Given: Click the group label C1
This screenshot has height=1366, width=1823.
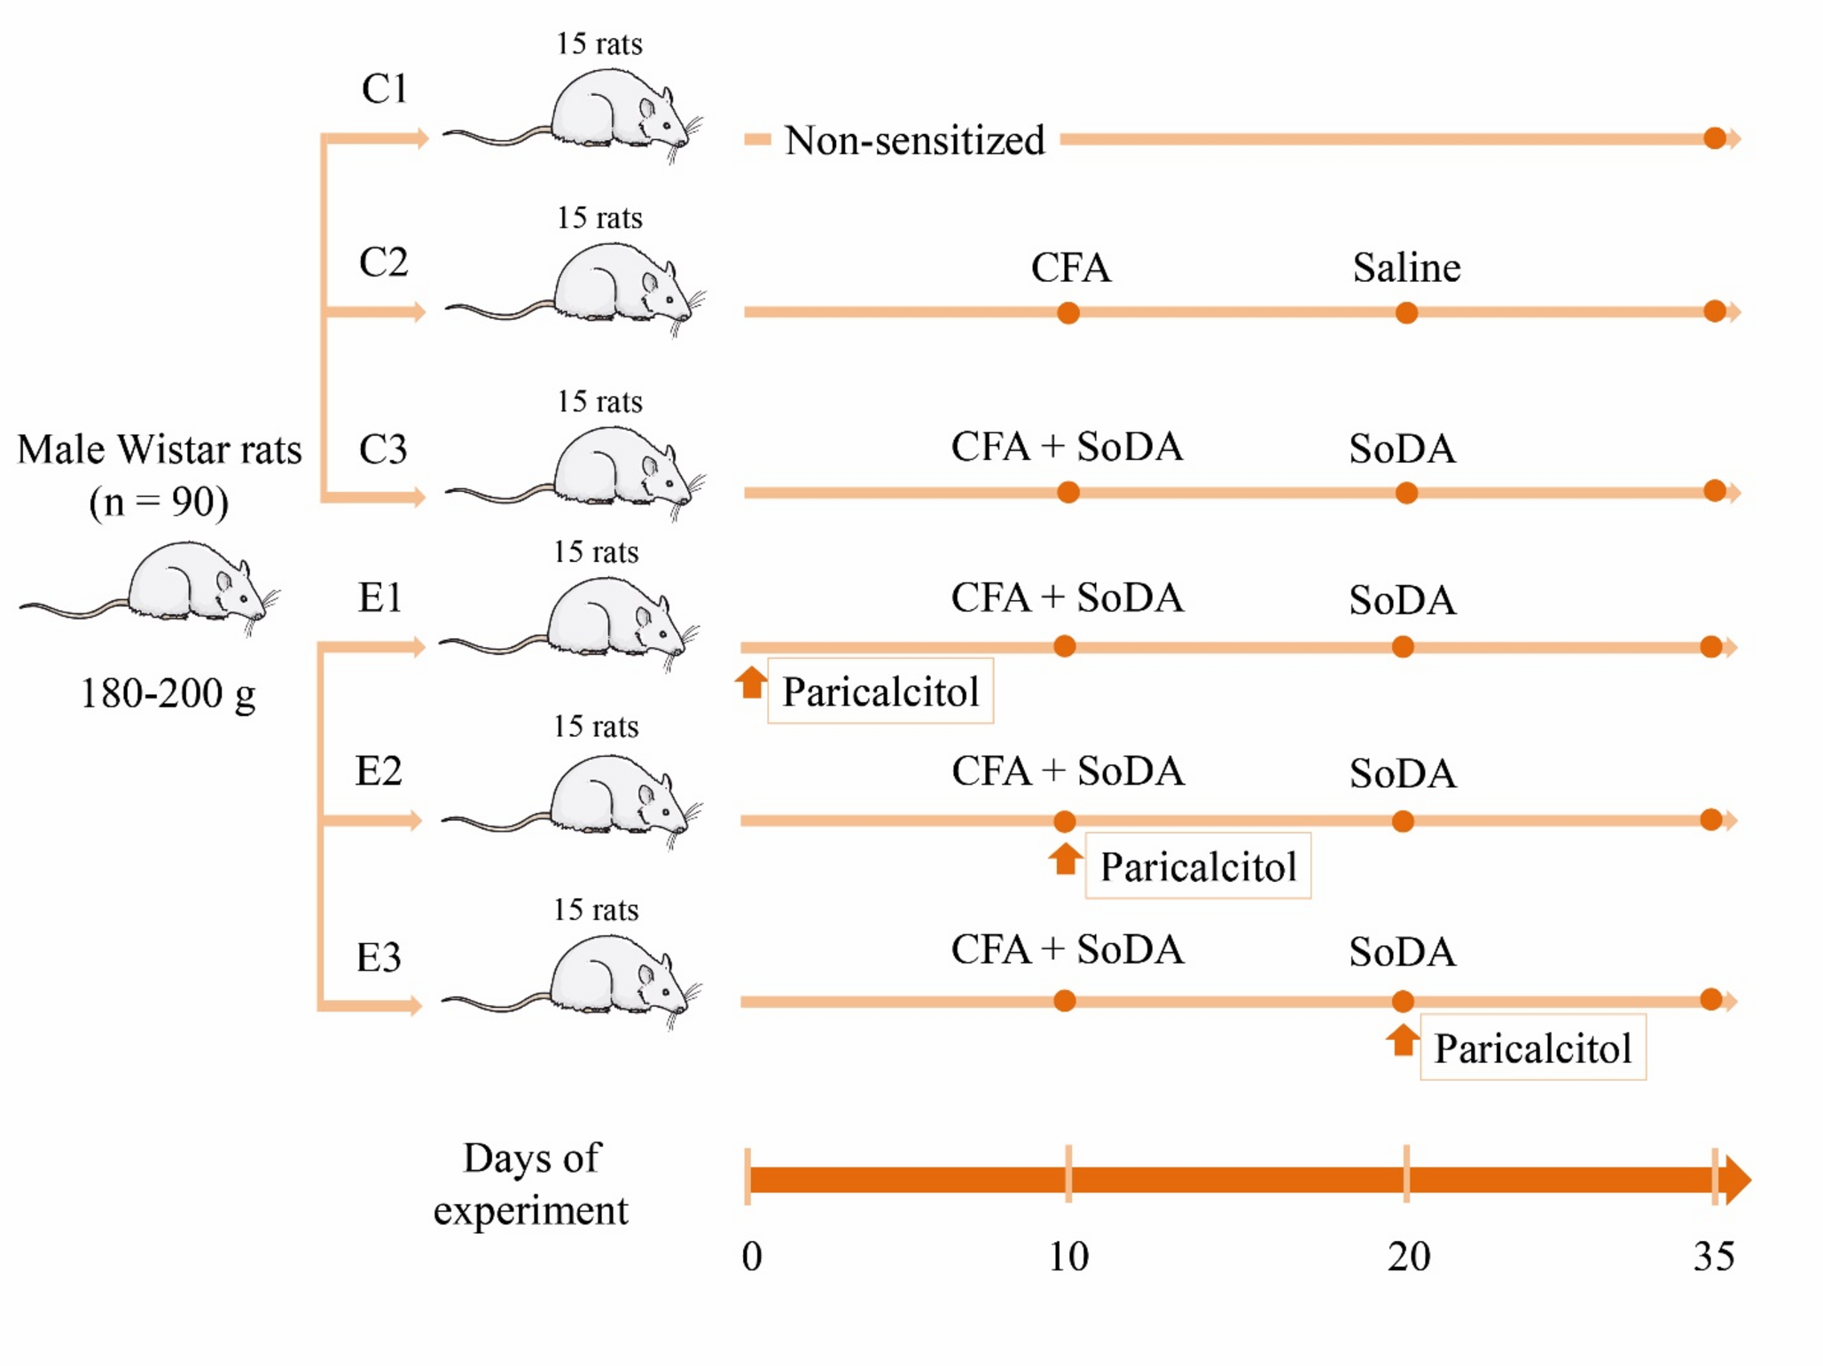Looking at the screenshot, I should pos(384,89).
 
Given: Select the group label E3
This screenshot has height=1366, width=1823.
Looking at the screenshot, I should pos(379,957).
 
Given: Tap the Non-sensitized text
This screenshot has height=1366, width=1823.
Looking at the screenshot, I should pos(913,140).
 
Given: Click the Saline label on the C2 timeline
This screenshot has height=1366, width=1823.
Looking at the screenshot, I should pos(1405,268).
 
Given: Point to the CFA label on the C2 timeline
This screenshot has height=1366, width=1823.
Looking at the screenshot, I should pos(1069,268).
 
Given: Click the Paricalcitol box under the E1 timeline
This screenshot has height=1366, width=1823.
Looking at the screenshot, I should pos(880,691).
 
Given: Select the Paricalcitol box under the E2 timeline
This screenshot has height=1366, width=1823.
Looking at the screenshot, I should pos(1197,866).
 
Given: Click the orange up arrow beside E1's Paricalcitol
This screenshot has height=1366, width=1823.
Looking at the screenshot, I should pos(751,683).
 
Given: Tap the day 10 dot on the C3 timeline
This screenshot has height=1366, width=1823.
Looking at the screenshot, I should pos(1068,492).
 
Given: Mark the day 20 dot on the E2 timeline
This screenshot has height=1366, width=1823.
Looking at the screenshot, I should pos(1402,822).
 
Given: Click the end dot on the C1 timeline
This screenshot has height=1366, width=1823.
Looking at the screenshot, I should pos(1714,138).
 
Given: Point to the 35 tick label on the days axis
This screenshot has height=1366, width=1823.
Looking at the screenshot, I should pos(1712,1256).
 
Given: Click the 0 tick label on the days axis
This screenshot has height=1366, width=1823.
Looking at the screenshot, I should pos(751,1256).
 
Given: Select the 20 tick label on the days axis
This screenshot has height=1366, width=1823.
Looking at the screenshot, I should pos(1408,1256).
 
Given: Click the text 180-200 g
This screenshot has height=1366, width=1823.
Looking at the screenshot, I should pos(168,693).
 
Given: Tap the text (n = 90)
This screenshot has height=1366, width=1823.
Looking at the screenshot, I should pos(159,502).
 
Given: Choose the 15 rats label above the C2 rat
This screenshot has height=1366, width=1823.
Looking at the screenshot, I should pos(599,218).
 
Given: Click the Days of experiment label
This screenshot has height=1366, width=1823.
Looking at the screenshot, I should pos(530,1183).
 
